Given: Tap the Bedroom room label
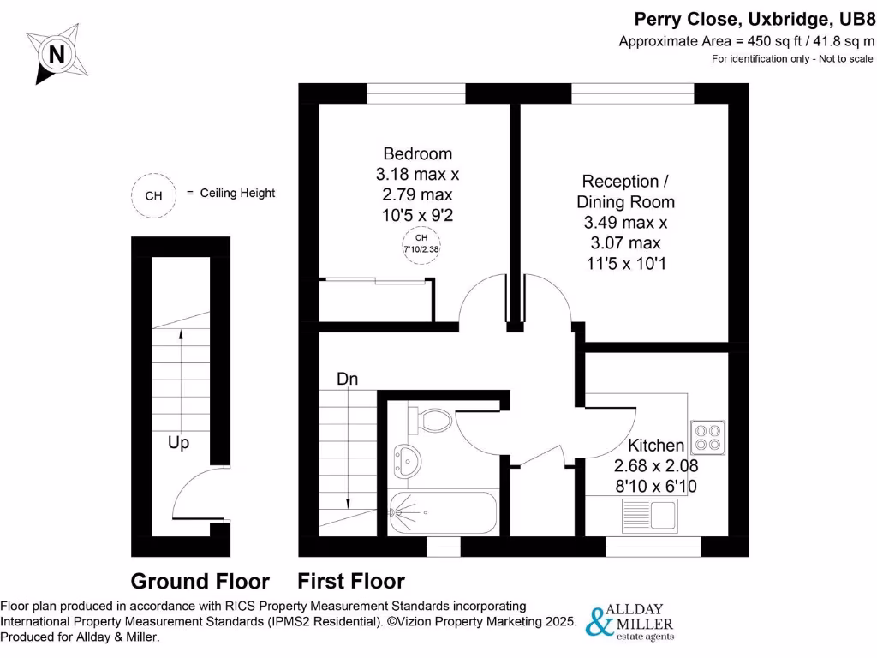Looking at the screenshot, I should pyautogui.click(x=417, y=154).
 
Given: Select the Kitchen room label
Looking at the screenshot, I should pyautogui.click(x=656, y=446).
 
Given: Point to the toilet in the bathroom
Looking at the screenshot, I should pyautogui.click(x=429, y=420).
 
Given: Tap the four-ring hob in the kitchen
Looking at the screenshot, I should pyautogui.click(x=708, y=436).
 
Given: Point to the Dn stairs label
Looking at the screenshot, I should pyautogui.click(x=347, y=379).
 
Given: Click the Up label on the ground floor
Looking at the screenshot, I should pyautogui.click(x=178, y=443).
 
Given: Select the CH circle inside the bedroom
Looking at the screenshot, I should pyautogui.click(x=421, y=243).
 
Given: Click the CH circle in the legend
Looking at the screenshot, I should pyautogui.click(x=153, y=195).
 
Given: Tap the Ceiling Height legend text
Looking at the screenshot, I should pyautogui.click(x=237, y=194).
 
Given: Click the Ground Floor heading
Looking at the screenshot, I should pyautogui.click(x=200, y=582).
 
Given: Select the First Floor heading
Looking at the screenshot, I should pyautogui.click(x=351, y=582).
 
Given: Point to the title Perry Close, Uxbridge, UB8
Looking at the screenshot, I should pyautogui.click(x=754, y=20).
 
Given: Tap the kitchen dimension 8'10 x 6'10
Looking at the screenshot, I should pyautogui.click(x=656, y=486).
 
